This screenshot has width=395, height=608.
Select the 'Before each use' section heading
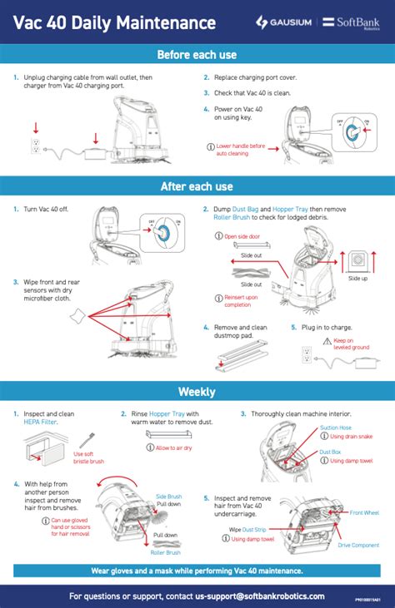pos(197,55)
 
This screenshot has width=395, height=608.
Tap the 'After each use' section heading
pos(197,186)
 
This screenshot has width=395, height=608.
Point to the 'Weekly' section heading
pos(197,391)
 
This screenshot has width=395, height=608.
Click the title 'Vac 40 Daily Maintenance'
pos(114,23)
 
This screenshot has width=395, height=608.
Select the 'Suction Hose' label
pos(336,428)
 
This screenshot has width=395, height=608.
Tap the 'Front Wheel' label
pos(364,513)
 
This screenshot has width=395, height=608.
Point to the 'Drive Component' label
pos(358,545)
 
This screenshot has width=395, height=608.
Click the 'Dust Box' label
pos(331,452)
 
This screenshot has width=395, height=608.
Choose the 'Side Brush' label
pos(168,497)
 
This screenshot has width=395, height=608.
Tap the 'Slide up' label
pos(357,279)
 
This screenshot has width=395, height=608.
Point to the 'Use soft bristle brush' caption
pos(89,457)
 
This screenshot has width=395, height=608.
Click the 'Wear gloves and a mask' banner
pos(197,571)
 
